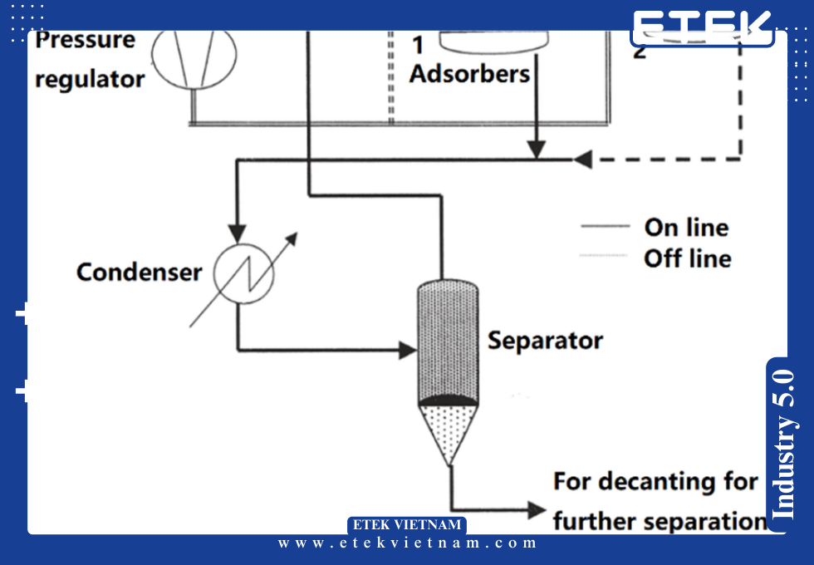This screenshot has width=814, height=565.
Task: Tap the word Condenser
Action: [139, 272]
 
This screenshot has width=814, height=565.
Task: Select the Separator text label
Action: [545, 340]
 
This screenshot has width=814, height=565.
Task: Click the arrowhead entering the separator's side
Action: [407, 350]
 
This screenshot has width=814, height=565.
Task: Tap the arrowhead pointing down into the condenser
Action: [238, 230]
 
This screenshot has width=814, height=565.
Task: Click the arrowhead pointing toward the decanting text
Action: [536, 508]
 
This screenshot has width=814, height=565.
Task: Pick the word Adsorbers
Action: [469, 74]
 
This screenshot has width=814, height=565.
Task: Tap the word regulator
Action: [90, 80]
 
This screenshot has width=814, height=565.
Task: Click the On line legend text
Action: [686, 227]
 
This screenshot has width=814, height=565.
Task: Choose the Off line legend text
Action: [687, 258]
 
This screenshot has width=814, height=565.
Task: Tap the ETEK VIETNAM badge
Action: [407, 525]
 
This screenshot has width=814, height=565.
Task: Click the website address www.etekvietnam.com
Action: [408, 543]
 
